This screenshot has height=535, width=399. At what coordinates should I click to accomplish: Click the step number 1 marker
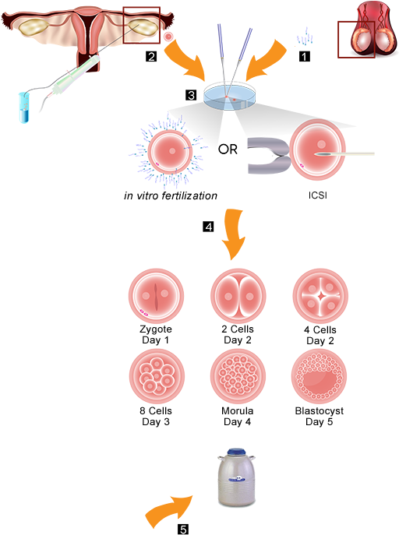coord(305,56)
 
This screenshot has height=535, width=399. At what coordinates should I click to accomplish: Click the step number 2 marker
coord(151,56)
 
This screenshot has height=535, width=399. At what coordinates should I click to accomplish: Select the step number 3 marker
coord(191,95)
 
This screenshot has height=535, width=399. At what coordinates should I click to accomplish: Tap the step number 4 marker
coord(208,227)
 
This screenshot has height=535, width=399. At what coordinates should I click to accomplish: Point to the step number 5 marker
coord(183,530)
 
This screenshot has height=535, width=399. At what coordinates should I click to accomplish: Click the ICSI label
coord(318,195)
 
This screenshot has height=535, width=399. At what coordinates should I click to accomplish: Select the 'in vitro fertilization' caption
coord(171,195)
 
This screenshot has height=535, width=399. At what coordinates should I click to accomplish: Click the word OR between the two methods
coord(228,149)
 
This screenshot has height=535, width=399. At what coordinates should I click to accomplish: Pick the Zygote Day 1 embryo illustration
coord(156,296)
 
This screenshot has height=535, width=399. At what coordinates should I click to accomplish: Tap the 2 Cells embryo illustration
coord(238,296)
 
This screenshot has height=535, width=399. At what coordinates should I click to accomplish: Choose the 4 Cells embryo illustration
coord(320,296)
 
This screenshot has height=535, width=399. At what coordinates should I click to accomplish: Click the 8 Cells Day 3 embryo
coord(157,377)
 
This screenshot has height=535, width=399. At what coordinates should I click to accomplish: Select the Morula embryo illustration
coord(238,377)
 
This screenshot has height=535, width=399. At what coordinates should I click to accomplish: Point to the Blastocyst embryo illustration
coord(320,377)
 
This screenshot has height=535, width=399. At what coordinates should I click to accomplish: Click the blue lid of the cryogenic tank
coord(236,453)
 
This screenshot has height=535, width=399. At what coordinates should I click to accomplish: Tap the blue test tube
coord(24,107)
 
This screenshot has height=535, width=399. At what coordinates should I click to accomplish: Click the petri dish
coord(230,96)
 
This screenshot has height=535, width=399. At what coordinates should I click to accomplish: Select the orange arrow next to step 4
coord(233,234)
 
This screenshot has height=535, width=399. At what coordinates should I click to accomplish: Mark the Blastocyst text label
coord(320,411)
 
